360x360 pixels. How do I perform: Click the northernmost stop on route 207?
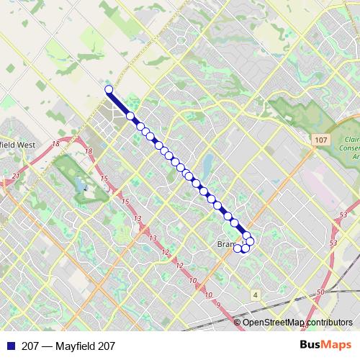(109, 89)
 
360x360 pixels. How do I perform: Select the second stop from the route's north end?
(130, 115)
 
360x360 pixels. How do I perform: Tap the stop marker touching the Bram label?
(238, 248)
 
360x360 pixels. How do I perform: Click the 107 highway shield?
(321, 138)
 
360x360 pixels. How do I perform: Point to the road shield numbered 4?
(255, 294)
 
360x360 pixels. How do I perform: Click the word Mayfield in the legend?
(74, 346)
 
